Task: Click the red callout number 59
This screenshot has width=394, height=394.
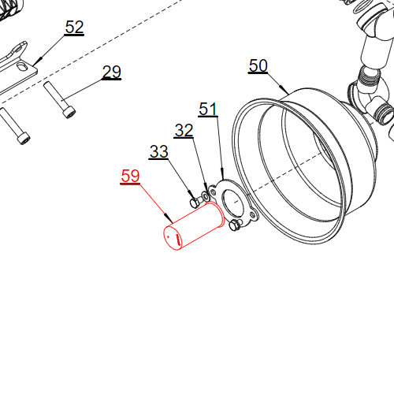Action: click(129, 177)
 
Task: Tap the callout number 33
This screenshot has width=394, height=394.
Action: click(158, 152)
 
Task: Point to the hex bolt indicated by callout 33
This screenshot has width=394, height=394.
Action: click(195, 201)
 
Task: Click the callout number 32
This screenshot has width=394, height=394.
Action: click(184, 131)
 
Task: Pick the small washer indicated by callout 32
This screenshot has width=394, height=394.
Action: click(206, 194)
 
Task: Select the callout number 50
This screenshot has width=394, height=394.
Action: click(258, 65)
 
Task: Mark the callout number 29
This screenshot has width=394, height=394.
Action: click(112, 72)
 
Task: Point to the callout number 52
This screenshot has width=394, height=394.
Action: click(74, 28)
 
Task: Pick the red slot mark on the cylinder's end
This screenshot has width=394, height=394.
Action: click(174, 236)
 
